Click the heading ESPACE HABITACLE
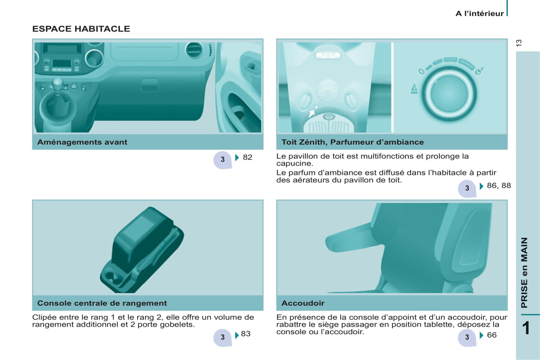tap(81, 29)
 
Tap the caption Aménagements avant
tap(82, 142)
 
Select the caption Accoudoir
tap(303, 303)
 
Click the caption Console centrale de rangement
tap(102, 303)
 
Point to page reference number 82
tap(248, 157)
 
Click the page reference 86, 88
tap(499, 185)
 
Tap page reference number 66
tap(492, 335)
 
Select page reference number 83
tap(246, 333)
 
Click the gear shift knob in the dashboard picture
tap(58, 84)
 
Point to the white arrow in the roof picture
tap(312, 113)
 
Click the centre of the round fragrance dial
tap(449, 94)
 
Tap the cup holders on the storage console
tap(113, 279)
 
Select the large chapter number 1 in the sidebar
tap(526, 328)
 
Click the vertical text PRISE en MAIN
tap(525, 273)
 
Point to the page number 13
tap(519, 43)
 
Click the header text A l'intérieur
tap(479, 13)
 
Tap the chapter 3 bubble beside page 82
tap(222, 159)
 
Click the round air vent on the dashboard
tap(194, 50)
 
